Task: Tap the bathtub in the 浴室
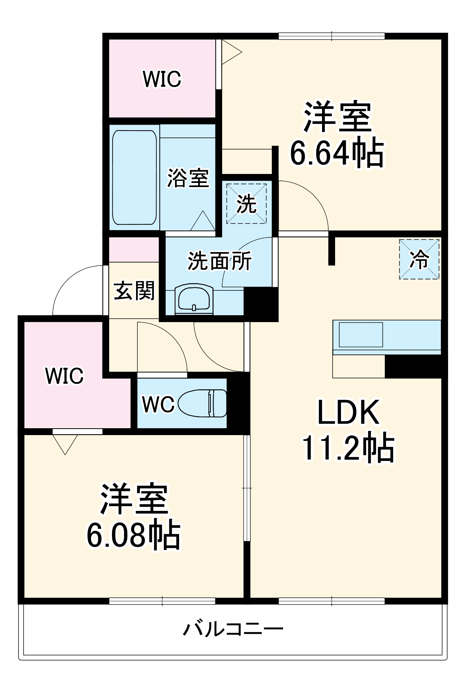pyautogui.click(x=134, y=177)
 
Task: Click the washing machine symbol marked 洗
pyautogui.click(x=246, y=204)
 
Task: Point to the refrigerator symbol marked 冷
pyautogui.click(x=419, y=259)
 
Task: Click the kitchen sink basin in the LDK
pyautogui.click(x=361, y=335)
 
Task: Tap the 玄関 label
pyautogui.click(x=134, y=290)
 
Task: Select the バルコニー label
pyautogui.click(x=233, y=629)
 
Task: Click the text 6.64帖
pyautogui.click(x=336, y=152)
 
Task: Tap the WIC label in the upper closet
pyautogui.click(x=162, y=79)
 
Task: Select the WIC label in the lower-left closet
pyautogui.click(x=64, y=376)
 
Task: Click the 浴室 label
pyautogui.click(x=188, y=178)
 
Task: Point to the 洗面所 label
pyautogui.click(x=219, y=261)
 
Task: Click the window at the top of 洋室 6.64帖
pyautogui.click(x=331, y=36)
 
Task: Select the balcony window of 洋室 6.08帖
pyautogui.click(x=162, y=601)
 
